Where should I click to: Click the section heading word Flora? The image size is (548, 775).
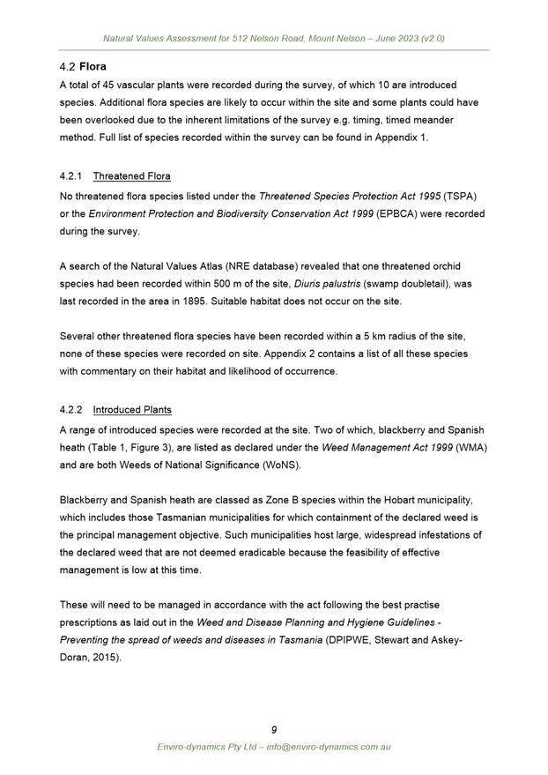[93, 66]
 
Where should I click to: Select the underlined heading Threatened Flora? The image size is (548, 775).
[131, 176]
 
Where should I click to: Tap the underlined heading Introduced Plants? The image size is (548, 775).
[132, 410]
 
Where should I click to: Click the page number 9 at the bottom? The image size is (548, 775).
[274, 729]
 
